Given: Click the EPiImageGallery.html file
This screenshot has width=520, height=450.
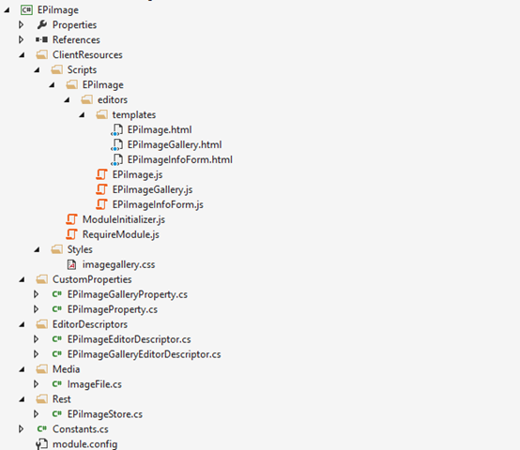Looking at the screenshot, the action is click(175, 144).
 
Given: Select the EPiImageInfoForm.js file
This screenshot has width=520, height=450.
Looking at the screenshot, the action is click(158, 204).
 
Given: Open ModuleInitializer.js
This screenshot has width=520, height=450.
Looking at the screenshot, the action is click(124, 219).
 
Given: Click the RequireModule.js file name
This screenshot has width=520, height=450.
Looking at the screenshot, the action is click(121, 234).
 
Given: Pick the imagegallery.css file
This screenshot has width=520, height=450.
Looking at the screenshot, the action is click(118, 264).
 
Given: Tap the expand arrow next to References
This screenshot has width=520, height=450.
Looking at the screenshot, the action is click(22, 39).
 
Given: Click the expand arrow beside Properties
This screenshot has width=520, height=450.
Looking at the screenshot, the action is click(22, 24).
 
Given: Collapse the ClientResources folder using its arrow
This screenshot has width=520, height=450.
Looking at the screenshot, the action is click(22, 55).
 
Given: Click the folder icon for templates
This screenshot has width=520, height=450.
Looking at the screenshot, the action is click(101, 114).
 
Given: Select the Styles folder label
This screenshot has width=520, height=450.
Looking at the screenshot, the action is click(80, 249).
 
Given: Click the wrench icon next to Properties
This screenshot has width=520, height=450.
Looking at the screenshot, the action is click(42, 24).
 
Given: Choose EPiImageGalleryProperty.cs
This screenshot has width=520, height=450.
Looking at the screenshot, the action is click(128, 294).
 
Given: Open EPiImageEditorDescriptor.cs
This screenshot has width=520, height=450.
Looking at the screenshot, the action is click(129, 339).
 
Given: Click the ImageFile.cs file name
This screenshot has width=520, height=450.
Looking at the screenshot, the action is click(95, 384).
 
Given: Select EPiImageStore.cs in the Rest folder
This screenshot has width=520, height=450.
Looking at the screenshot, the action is click(105, 414).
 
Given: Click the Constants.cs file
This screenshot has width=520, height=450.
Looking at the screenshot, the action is click(81, 429).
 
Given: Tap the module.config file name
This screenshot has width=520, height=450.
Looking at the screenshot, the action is click(84, 444).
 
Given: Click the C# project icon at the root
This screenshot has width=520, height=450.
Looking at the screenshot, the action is click(26, 10).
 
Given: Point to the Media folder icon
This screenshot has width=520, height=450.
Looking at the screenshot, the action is click(42, 368).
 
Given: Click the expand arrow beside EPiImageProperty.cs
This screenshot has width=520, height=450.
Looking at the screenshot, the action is click(37, 309).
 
